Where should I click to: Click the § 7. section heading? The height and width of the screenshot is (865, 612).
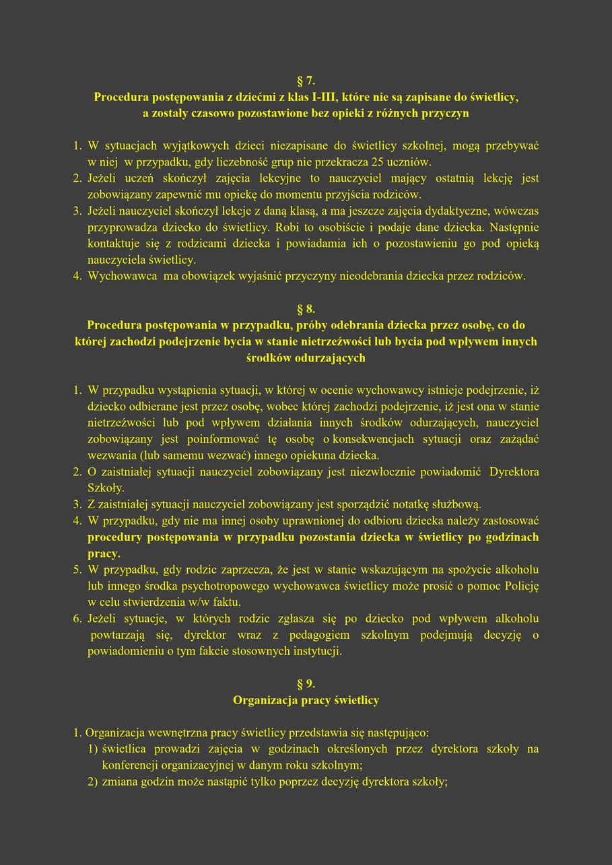pos(306,81)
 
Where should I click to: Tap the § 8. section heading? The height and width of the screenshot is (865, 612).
pos(306,309)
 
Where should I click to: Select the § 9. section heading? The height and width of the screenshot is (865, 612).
pos(306,684)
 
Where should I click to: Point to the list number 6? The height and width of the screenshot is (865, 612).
pos(77,619)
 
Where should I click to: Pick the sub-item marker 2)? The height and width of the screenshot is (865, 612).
pos(93,781)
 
